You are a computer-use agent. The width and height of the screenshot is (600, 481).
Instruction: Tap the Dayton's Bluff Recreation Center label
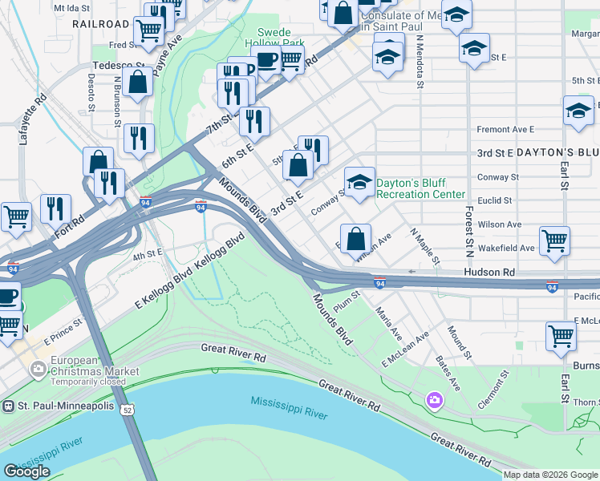(x=420, y=188)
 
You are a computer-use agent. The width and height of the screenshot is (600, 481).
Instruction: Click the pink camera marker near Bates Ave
(x=435, y=399)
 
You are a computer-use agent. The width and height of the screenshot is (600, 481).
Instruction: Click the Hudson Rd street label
(x=489, y=273)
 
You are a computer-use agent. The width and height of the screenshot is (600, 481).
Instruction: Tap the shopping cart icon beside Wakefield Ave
(x=554, y=239)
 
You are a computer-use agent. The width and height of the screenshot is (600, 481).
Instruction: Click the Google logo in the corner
(x=26, y=471)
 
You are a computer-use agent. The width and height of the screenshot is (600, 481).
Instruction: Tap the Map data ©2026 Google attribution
(x=550, y=475)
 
